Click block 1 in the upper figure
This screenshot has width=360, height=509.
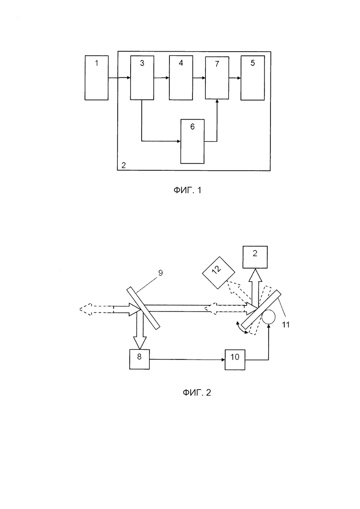point(96,78)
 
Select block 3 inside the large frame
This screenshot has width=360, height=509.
point(142,78)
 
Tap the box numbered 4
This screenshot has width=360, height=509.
point(181,78)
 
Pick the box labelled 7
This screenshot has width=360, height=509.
point(217,78)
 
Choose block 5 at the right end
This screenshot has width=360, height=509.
point(252,78)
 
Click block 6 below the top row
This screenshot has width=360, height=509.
point(192,141)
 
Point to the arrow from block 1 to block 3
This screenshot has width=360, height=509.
point(119,78)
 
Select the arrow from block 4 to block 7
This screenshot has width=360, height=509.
point(199,78)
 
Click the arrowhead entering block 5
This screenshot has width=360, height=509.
point(239,78)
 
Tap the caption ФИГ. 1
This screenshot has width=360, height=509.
point(187,190)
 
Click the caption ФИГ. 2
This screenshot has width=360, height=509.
point(197,392)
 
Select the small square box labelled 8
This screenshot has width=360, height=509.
point(139,359)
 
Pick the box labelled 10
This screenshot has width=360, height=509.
point(235,359)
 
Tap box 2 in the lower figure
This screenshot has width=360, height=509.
point(255,257)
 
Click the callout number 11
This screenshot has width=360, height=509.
point(286,324)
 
